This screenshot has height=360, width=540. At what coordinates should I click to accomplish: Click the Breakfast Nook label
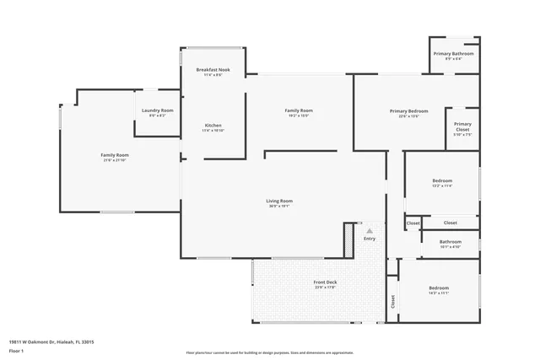click(208, 69)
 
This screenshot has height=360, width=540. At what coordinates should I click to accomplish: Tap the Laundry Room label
click(157, 110)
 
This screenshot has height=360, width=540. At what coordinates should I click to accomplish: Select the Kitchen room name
click(212, 126)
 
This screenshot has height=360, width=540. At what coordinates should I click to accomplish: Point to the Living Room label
click(279, 201)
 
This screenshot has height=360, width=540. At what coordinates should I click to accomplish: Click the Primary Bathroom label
click(453, 54)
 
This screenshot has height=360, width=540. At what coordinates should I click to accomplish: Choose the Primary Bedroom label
click(408, 111)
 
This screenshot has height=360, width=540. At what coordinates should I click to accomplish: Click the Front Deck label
click(326, 282)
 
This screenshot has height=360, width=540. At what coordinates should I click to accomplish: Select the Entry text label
click(370, 239)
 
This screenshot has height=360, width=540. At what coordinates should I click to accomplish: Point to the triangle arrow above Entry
click(369, 229)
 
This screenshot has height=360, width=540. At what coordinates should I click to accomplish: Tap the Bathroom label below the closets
click(451, 242)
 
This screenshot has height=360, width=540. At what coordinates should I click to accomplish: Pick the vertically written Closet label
click(392, 301)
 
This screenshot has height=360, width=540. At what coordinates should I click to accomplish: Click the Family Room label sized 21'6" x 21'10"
click(115, 155)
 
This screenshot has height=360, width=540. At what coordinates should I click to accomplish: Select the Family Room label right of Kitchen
click(299, 110)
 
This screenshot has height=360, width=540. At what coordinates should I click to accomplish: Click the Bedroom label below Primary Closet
click(442, 180)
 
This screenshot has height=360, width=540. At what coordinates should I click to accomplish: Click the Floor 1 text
click(17, 350)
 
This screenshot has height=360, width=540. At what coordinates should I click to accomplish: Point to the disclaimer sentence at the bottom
click(269, 352)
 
